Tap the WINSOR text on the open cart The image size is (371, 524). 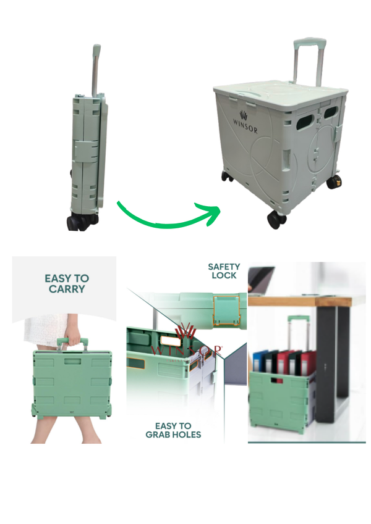[x=245, y=121]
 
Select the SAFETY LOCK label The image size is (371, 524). [x=224, y=271]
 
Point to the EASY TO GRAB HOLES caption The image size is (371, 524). [x=173, y=430]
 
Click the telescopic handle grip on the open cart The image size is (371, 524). [x=309, y=44]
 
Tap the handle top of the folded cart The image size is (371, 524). [x=96, y=49]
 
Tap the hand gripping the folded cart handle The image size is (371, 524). [x=74, y=339]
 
